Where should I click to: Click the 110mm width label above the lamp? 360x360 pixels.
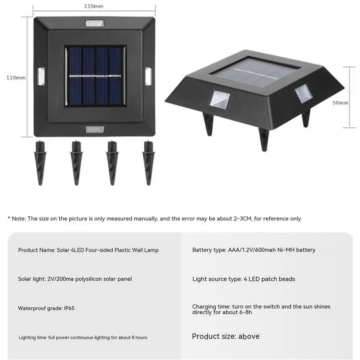coord(94,6)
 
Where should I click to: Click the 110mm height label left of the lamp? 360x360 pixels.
coord(16,78)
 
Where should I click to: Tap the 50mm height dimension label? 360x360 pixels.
coord(340,102)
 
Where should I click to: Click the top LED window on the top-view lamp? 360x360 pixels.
coord(95,23)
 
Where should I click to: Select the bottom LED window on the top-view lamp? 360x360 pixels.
coord(95,130)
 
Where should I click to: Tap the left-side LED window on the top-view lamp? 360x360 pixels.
coord(41,76)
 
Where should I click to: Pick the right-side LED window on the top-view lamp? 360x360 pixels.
coord(148,76)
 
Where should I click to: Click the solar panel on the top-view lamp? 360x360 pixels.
coord(95,76)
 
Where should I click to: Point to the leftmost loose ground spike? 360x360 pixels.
coord(40,163)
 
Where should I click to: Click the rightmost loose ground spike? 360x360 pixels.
coord(149,163)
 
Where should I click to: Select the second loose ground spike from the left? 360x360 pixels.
coord(76,163)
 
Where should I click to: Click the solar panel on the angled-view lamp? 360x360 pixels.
coord(256,72)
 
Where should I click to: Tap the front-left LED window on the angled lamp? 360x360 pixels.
coord(219,100)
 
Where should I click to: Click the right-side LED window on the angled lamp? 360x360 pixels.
coord(304,94)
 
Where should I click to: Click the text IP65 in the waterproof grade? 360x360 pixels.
coord(69,308)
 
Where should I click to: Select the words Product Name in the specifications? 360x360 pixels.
coord(37,250)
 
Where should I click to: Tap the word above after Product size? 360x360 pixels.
coord(249,336)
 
